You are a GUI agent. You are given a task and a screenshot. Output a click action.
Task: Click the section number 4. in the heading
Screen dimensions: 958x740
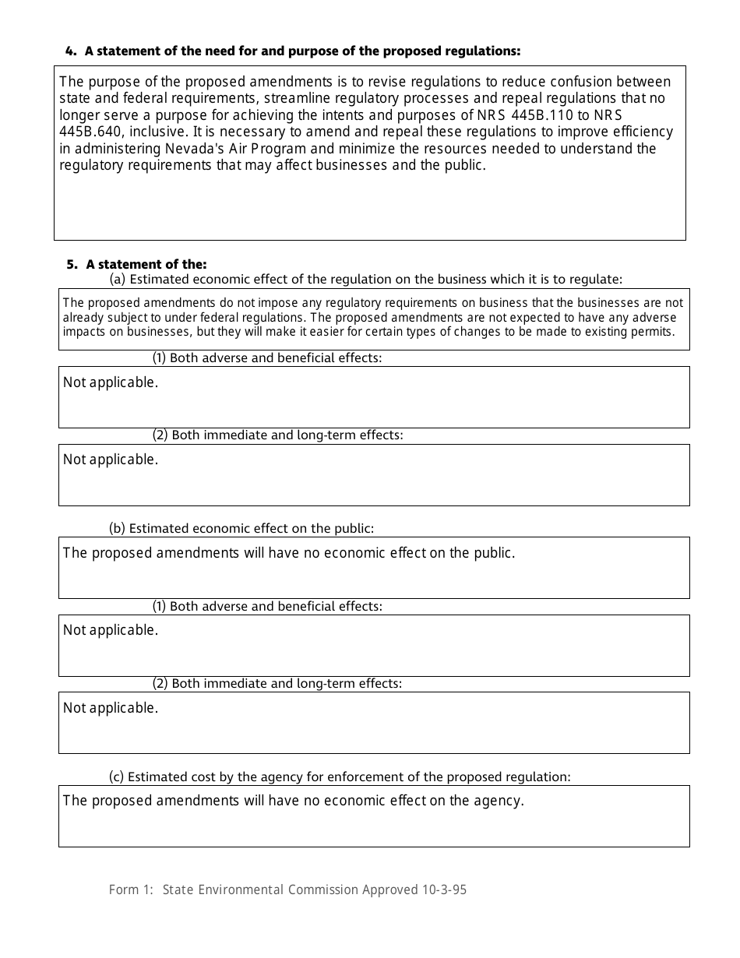[x=71, y=51]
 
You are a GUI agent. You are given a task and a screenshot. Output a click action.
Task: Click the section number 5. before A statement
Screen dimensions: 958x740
[x=72, y=265]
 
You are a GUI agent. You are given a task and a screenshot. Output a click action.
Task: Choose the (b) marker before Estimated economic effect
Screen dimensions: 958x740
[x=117, y=528]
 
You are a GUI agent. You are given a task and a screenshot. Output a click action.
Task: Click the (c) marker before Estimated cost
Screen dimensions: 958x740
[x=116, y=777]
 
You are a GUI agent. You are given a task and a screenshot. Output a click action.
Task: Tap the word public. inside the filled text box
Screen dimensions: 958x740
[x=494, y=553]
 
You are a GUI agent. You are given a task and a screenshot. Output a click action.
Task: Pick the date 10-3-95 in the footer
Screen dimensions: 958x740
[x=444, y=889]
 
